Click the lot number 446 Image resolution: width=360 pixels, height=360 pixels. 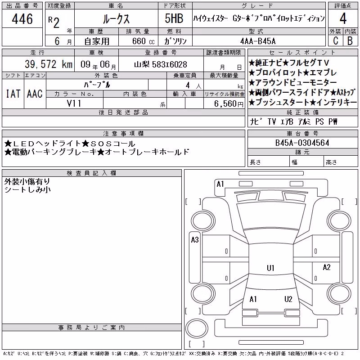[22, 19]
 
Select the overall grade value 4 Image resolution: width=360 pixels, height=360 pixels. [343, 18]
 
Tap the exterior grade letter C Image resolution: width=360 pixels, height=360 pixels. [335, 40]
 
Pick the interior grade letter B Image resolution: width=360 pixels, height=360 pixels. [350, 40]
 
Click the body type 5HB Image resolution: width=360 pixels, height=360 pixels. [174, 18]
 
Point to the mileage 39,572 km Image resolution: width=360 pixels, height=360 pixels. [49, 64]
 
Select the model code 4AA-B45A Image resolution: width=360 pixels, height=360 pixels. [258, 41]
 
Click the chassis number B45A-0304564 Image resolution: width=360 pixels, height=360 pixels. [302, 143]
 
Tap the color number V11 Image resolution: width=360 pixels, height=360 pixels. [74, 103]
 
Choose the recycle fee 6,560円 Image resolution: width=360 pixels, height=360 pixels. [229, 104]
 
